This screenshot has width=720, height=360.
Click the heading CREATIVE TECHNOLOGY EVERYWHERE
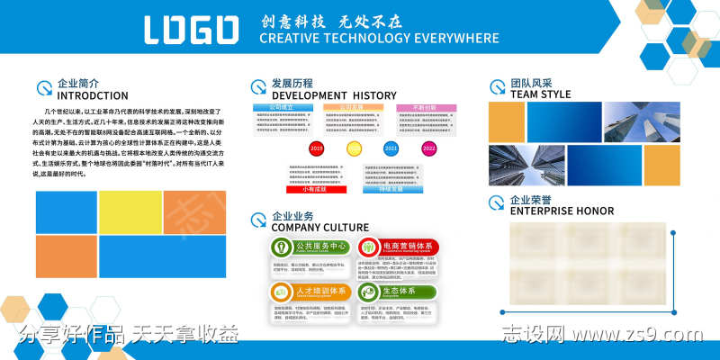378,39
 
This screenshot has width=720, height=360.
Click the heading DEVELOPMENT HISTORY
333,95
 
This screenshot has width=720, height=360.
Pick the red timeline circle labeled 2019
316,148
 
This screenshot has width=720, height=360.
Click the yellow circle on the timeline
354,148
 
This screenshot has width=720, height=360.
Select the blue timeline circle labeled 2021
391,148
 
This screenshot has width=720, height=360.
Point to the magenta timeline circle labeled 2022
428,148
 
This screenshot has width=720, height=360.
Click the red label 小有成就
314,190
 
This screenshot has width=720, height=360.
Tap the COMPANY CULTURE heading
319,228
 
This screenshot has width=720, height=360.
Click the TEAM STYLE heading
540,94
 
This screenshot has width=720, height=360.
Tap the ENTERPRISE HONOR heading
562,211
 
